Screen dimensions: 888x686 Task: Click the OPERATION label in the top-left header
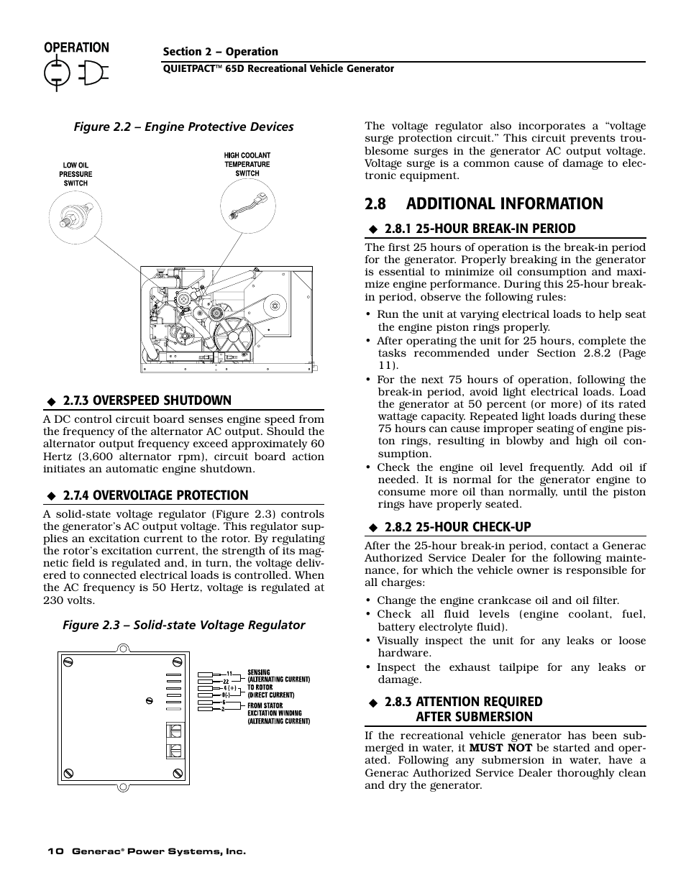coord(77,47)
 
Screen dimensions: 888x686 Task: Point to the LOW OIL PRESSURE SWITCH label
coord(76,174)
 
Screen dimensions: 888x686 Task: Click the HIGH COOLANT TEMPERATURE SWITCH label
coord(247,164)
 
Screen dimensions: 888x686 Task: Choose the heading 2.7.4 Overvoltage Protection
coord(155,495)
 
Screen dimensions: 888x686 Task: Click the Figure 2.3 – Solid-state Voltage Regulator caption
coord(183,626)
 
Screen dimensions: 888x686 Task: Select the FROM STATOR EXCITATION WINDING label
coord(278,713)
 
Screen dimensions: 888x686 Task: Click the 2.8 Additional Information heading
coord(484,204)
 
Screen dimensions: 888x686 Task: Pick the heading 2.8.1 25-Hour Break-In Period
coord(480,229)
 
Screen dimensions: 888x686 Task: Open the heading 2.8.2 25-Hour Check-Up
coord(457,527)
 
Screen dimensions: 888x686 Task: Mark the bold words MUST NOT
coord(500,748)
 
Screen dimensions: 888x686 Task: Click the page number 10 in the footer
coord(55,851)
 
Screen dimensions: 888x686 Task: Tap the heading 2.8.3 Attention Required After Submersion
coord(463,709)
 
